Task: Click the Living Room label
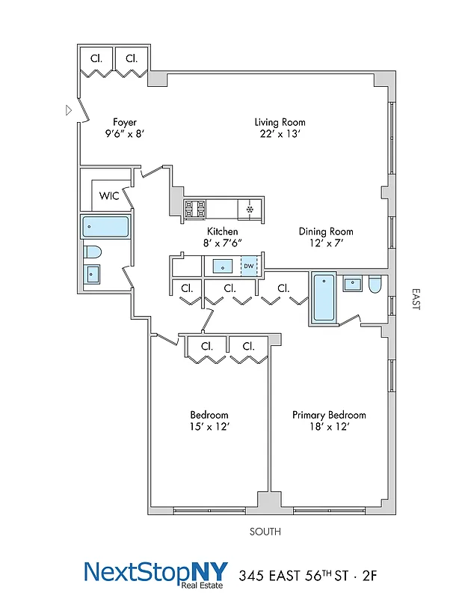pyautogui.click(x=280, y=122)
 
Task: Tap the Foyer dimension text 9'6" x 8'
pyautogui.click(x=123, y=135)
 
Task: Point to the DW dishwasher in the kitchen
pyautogui.click(x=248, y=266)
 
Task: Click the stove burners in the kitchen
pyautogui.click(x=196, y=209)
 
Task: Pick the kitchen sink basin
pyautogui.click(x=223, y=266)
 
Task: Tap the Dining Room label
pyautogui.click(x=326, y=231)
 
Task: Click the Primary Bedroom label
pyautogui.click(x=329, y=415)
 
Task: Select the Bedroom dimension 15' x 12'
pyautogui.click(x=209, y=427)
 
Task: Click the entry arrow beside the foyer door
pyautogui.click(x=69, y=110)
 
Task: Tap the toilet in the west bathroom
pyautogui.click(x=93, y=251)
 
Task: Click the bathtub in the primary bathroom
pyautogui.click(x=323, y=297)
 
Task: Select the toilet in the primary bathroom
pyautogui.click(x=375, y=284)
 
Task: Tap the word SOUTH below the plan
pyautogui.click(x=265, y=532)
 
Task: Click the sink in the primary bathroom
pyautogui.click(x=351, y=284)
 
